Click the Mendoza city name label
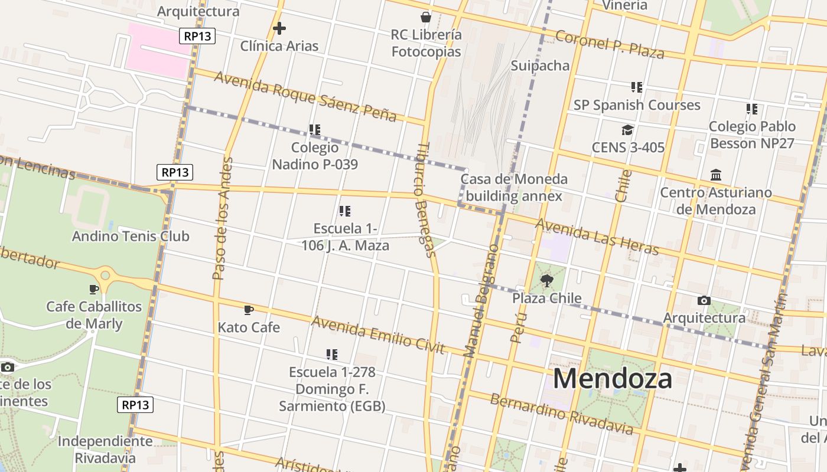coord(613,379)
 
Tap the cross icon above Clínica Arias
coord(279,28)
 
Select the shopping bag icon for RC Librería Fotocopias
coord(425,17)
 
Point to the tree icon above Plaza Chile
coord(546,280)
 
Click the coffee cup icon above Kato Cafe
coord(249,310)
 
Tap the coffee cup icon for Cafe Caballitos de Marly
coord(93,289)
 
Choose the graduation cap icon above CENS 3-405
coord(627,130)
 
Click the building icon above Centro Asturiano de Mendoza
coord(716,175)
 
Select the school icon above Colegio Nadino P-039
coord(315,129)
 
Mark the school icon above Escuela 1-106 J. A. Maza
coord(345,211)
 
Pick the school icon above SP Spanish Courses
coord(636,87)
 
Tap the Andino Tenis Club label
coord(131,237)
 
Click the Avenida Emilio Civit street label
coord(378,335)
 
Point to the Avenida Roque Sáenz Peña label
coord(305,96)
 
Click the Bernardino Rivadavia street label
coord(561,414)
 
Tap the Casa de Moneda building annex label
coord(514,188)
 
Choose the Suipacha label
coord(540,65)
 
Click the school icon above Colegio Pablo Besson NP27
coord(751,109)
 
